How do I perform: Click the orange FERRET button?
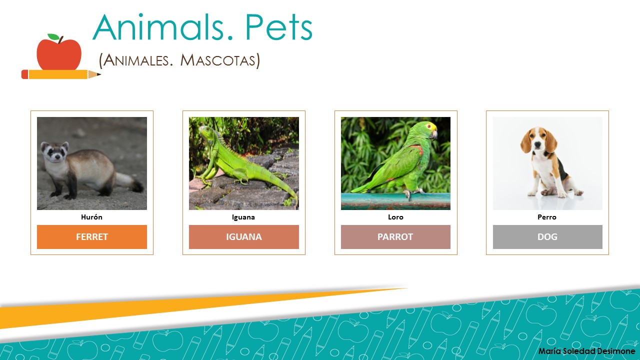[x=92, y=237]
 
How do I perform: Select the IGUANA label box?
[x=244, y=237]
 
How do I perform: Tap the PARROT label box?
[x=395, y=237]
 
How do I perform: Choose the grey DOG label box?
[x=547, y=237]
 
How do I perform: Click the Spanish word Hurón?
[x=91, y=217]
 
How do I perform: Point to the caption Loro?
[x=395, y=217]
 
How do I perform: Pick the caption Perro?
[x=547, y=217]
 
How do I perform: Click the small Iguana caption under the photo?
[x=243, y=217]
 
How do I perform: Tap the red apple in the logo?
[x=59, y=54]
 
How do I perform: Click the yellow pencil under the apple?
[x=60, y=74]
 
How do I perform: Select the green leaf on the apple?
[x=53, y=37]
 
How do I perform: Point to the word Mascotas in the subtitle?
[x=220, y=60]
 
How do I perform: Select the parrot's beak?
[x=434, y=134]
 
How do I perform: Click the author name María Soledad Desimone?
[x=586, y=351]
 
